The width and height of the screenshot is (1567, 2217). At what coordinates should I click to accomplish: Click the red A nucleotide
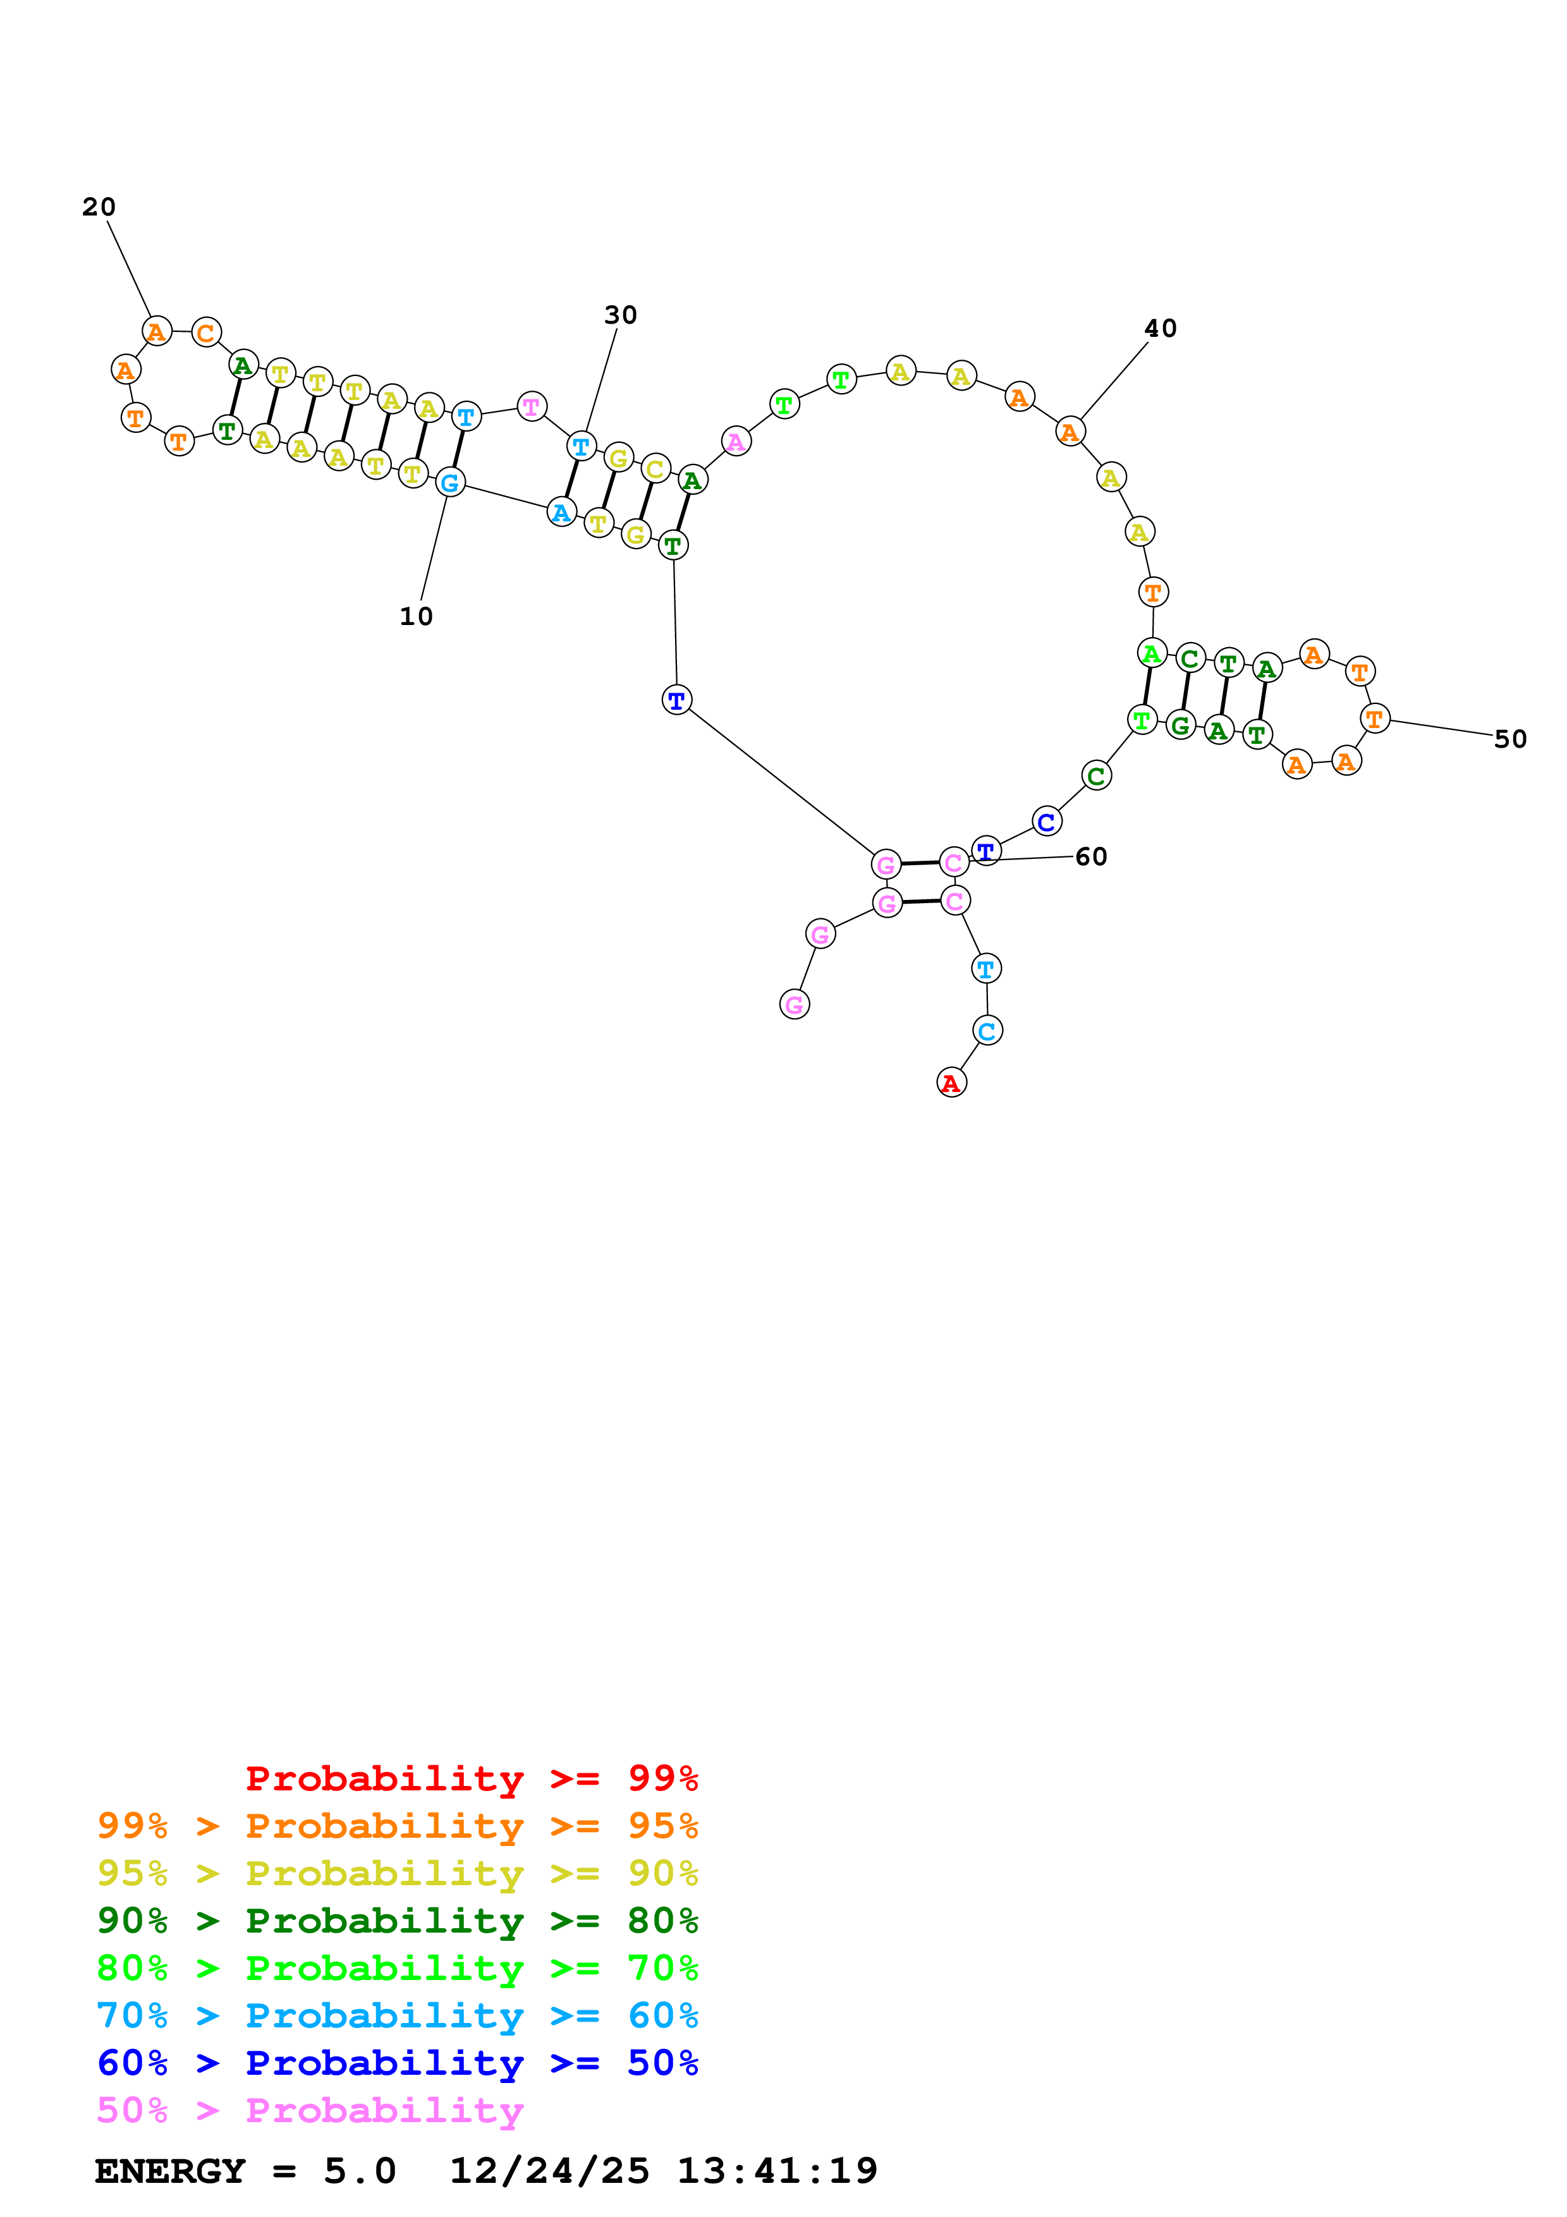click(x=951, y=1083)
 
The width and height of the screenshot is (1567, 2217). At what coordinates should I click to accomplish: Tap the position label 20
click(x=99, y=207)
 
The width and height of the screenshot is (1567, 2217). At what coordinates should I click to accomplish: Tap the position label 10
click(x=416, y=616)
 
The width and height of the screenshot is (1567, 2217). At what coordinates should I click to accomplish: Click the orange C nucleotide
click(x=205, y=333)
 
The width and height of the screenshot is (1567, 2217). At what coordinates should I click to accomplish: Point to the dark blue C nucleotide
click(x=1047, y=822)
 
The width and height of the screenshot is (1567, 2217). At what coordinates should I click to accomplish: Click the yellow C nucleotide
click(x=655, y=468)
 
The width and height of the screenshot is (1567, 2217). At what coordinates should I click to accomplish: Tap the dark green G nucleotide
click(x=1180, y=725)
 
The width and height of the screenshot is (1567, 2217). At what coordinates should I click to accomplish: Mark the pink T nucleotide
click(x=531, y=406)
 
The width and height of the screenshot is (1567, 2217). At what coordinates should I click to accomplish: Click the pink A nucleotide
click(x=736, y=441)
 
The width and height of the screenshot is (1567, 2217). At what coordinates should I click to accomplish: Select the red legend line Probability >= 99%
click(x=471, y=1778)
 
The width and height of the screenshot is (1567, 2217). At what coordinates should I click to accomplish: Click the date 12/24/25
click(x=549, y=2171)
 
